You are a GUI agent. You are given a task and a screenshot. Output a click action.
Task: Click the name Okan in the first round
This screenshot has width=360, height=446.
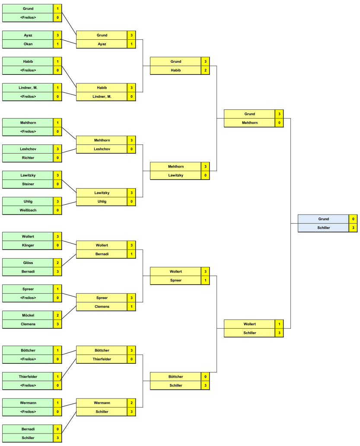[28, 44]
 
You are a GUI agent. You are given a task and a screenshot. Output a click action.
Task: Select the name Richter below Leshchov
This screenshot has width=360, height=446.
[28, 157]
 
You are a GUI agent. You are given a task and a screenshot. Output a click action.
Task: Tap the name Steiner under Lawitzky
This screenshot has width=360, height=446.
[28, 184]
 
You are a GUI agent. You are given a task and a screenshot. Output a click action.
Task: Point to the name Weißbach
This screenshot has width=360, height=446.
[28, 210]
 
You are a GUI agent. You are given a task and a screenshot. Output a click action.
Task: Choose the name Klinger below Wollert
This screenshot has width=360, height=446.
[28, 245]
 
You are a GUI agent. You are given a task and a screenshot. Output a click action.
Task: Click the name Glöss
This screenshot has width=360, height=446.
[28, 263]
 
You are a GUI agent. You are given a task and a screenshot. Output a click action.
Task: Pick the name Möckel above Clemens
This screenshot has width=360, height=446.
[28, 315]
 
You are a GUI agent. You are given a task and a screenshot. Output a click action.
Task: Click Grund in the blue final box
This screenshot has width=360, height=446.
[323, 219]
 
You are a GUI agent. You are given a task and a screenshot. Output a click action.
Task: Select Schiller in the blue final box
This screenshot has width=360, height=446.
[323, 228]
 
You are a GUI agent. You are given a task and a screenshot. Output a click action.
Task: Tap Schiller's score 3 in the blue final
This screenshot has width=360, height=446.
[354, 228]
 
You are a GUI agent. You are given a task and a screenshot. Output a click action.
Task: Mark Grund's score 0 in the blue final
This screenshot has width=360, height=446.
[354, 219]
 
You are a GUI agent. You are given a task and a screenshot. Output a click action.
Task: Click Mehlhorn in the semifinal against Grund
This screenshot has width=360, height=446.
[249, 122]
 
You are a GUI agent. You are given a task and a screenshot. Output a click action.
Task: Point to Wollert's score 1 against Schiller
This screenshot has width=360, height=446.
[280, 324]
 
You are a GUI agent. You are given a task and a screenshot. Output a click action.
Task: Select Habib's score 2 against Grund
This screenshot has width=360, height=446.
[205, 70]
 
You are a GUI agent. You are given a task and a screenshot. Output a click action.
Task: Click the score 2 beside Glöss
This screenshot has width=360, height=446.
[58, 263]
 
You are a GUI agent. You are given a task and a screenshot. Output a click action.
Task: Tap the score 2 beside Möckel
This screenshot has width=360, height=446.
[58, 315]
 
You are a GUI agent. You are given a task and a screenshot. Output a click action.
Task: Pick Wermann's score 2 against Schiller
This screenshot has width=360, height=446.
[131, 403]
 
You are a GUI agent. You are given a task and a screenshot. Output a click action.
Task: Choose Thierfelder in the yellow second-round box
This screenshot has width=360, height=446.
[102, 359]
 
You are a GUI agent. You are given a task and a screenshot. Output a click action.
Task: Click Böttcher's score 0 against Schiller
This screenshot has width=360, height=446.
[205, 377]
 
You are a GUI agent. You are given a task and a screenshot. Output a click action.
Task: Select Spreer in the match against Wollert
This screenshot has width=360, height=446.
[175, 280]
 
